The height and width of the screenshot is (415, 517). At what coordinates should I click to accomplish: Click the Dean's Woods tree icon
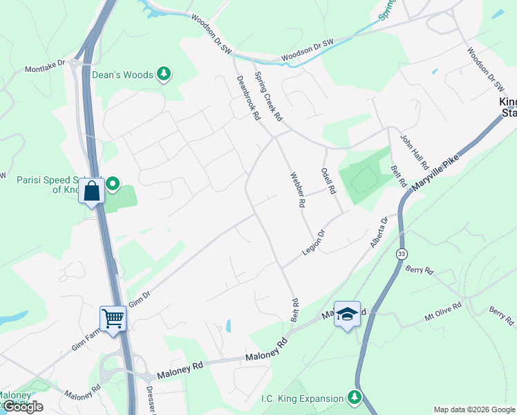(163, 74)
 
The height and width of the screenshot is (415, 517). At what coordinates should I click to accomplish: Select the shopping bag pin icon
(92, 190)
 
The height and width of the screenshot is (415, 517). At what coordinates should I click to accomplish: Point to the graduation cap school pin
(347, 313)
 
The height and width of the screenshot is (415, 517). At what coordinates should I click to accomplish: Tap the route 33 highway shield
(401, 254)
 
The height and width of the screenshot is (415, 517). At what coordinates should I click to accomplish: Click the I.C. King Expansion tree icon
(354, 398)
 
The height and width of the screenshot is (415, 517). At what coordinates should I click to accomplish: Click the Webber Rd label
(297, 190)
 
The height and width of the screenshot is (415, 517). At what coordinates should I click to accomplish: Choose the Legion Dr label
(314, 242)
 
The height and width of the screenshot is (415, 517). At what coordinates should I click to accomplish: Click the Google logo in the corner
(22, 407)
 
